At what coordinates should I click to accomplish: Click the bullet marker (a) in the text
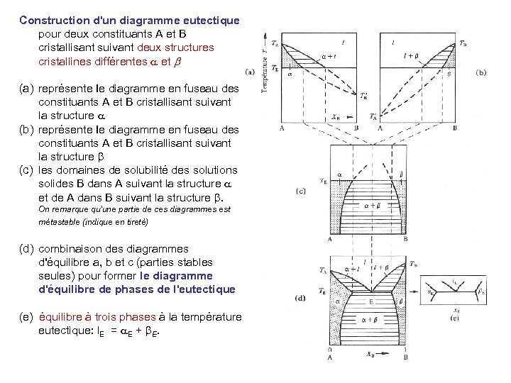tap(26, 89)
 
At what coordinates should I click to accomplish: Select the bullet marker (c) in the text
tap(26, 170)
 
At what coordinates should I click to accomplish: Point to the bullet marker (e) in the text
tap(26, 316)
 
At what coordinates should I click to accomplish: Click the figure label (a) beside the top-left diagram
tap(250, 71)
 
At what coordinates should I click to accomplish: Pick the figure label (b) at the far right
tap(480, 71)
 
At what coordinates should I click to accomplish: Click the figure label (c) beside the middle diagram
tap(301, 190)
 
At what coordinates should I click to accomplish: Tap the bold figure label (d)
tap(300, 298)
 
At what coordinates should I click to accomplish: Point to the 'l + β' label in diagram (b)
tap(410, 54)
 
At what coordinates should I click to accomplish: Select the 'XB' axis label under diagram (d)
tap(368, 353)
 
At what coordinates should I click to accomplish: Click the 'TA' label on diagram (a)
tap(276, 45)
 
